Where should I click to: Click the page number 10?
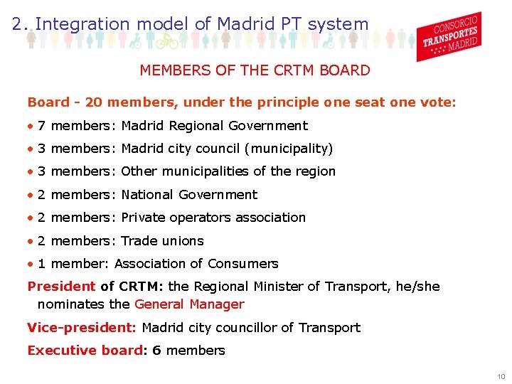501,376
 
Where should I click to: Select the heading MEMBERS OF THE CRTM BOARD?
255,70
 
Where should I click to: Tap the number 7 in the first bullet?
42,126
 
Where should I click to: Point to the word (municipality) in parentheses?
288,149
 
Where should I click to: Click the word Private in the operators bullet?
142,218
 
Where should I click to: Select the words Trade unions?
162,240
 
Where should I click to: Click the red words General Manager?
189,304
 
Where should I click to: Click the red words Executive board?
85,350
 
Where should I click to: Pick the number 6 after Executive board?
156,350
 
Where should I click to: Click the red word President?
61,287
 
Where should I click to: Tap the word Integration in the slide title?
82,23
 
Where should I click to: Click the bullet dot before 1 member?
30,263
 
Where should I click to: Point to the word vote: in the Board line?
439,102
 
